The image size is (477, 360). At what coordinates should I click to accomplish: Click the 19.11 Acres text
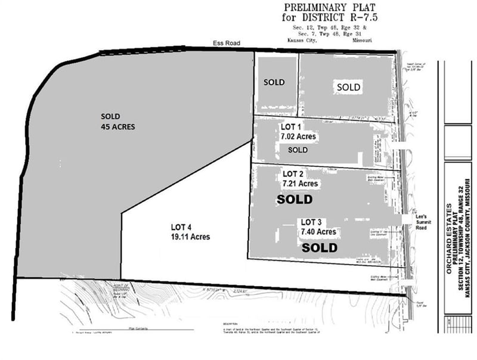point(190,236)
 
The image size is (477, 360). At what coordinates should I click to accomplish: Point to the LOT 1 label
point(292,127)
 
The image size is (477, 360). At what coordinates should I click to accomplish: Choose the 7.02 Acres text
point(298,136)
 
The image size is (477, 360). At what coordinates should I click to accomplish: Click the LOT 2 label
point(293,174)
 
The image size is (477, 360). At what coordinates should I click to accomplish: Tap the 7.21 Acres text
point(301,184)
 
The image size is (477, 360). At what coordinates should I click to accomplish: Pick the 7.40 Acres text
point(318,231)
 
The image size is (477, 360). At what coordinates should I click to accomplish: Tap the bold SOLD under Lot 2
point(295,200)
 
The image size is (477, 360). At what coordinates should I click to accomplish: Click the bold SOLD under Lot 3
point(320,247)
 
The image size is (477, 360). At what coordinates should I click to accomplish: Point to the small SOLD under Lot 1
point(298,150)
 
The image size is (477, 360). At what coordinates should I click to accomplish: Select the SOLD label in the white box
point(348,87)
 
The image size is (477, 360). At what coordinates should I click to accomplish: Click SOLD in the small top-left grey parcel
point(274,82)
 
